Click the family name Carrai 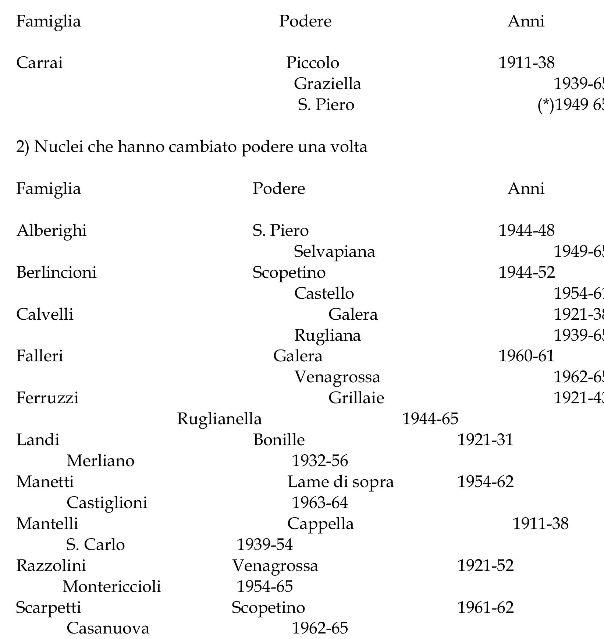click(39, 63)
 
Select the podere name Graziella click(327, 84)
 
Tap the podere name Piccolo click(313, 63)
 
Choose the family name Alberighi click(51, 231)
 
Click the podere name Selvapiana click(334, 252)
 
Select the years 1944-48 click(526, 231)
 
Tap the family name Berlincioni click(56, 273)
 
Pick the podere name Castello click(324, 294)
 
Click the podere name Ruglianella click(219, 419)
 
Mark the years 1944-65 click(430, 419)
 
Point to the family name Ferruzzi click(47, 398)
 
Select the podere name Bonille click(279, 440)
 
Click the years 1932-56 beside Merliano click(320, 461)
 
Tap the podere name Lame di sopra click(340, 482)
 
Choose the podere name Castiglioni click(107, 503)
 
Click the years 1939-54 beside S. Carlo click(264, 545)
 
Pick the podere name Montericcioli click(112, 587)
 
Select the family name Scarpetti click(49, 608)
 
